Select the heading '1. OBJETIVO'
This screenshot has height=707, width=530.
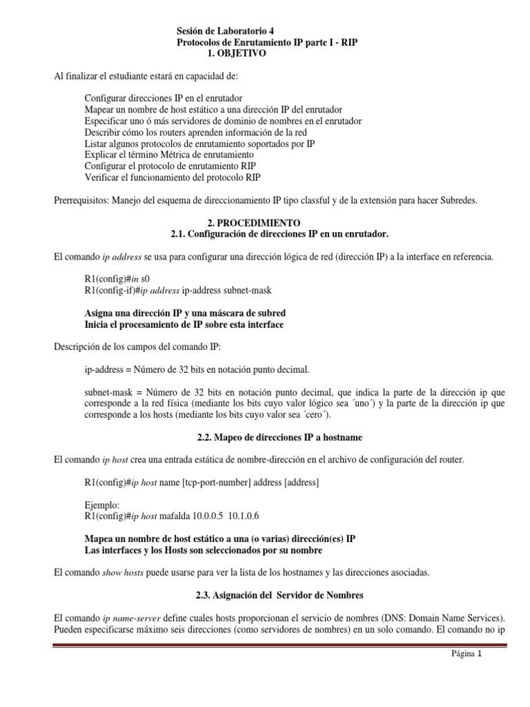coord(236,53)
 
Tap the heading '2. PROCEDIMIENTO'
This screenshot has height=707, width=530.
coord(264,223)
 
